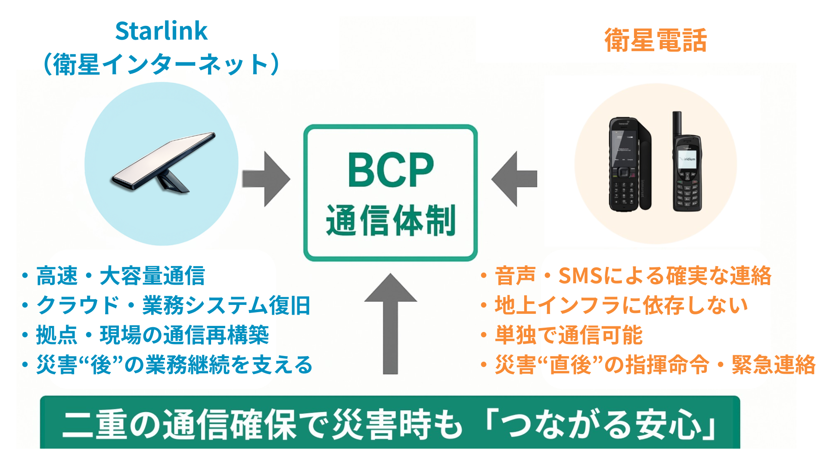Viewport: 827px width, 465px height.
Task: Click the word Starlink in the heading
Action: click(161, 31)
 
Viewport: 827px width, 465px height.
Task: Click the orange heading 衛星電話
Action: click(656, 40)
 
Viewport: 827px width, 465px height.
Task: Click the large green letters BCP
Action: click(390, 170)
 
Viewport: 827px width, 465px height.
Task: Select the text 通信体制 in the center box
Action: click(390, 220)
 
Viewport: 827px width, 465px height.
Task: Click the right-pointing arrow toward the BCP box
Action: click(266, 179)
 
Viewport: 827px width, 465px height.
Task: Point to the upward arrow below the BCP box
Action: click(390, 323)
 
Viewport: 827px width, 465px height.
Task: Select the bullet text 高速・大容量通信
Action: click(121, 276)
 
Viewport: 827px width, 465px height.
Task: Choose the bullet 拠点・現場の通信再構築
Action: click(152, 335)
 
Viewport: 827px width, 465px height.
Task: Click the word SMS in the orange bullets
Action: click(580, 276)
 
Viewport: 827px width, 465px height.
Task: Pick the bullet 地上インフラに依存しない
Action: click(621, 306)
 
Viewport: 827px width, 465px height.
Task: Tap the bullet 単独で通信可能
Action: click(569, 335)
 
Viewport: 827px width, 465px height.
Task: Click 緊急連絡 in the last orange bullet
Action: click(773, 365)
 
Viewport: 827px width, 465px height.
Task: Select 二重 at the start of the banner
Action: click(95, 425)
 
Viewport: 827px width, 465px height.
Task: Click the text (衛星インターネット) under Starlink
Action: click(161, 65)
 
